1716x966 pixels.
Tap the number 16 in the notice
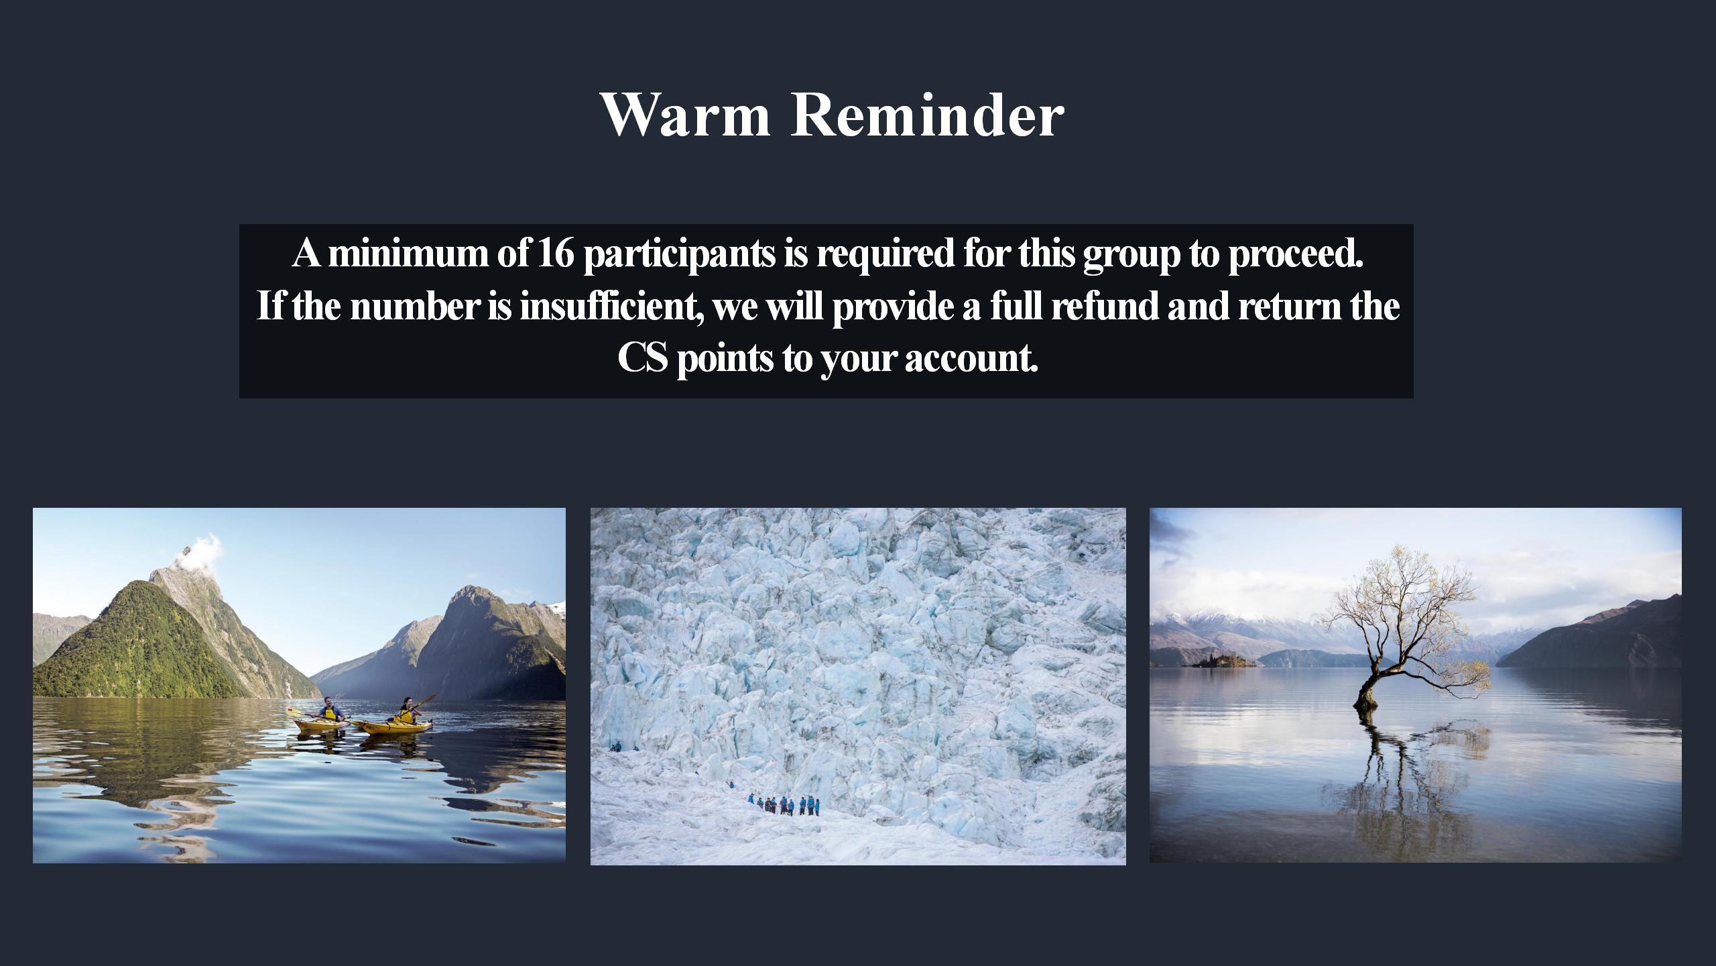click(556, 253)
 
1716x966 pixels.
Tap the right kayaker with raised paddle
click(406, 711)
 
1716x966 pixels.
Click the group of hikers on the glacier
click(783, 804)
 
